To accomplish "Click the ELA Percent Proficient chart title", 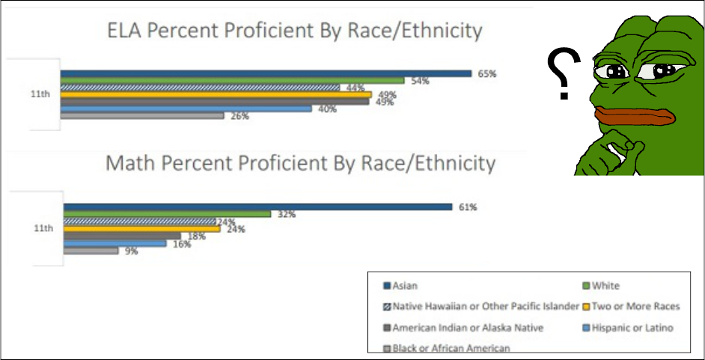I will point(293,31).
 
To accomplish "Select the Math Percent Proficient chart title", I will point(300,162).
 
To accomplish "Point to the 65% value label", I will point(487,73).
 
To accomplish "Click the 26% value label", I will point(239,116).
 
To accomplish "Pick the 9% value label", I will point(132,251).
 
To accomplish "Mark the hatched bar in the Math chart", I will point(139,222).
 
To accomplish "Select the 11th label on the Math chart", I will point(43,229).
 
